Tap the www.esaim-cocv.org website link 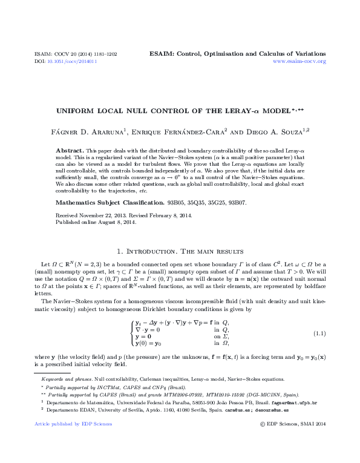[x=299, y=62]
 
